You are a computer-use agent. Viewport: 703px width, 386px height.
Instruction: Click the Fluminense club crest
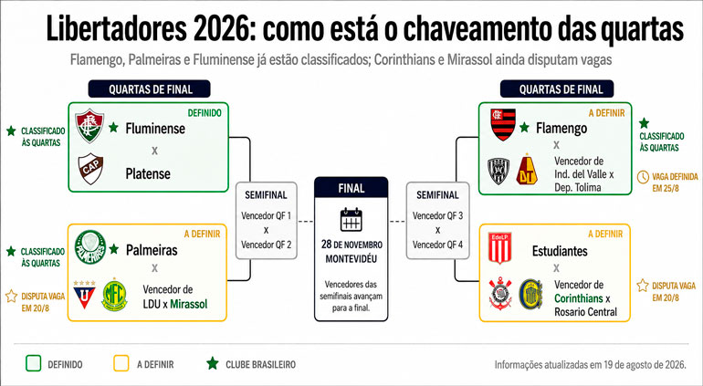(89, 126)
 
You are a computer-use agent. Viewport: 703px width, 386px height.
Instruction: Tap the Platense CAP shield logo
(90, 169)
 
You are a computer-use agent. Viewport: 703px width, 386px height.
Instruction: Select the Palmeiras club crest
(90, 247)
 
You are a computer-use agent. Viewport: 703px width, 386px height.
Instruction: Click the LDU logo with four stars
(84, 295)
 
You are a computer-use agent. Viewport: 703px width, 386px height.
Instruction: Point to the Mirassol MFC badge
(114, 295)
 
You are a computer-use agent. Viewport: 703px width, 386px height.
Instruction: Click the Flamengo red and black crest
(503, 125)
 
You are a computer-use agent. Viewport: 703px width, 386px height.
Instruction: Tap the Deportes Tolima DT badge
(527, 170)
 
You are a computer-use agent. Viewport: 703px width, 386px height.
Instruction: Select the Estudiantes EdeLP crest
(500, 247)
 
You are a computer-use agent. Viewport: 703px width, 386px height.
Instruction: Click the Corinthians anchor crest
(500, 294)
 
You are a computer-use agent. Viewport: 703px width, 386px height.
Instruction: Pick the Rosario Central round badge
(530, 294)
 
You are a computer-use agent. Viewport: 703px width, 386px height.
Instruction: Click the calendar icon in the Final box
(351, 219)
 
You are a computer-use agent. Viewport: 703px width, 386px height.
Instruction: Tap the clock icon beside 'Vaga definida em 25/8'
(643, 177)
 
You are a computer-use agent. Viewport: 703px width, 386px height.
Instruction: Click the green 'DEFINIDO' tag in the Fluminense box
(205, 113)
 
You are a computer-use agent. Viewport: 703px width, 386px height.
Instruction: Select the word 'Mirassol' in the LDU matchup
(189, 304)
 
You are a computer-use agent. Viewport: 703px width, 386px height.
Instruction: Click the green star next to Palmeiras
(114, 249)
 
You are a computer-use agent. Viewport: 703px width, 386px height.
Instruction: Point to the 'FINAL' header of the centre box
(351, 188)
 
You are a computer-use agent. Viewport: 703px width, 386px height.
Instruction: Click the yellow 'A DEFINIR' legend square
(121, 363)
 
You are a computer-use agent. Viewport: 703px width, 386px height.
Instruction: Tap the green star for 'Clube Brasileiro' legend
(213, 363)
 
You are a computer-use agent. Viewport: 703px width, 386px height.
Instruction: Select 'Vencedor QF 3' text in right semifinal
(437, 215)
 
